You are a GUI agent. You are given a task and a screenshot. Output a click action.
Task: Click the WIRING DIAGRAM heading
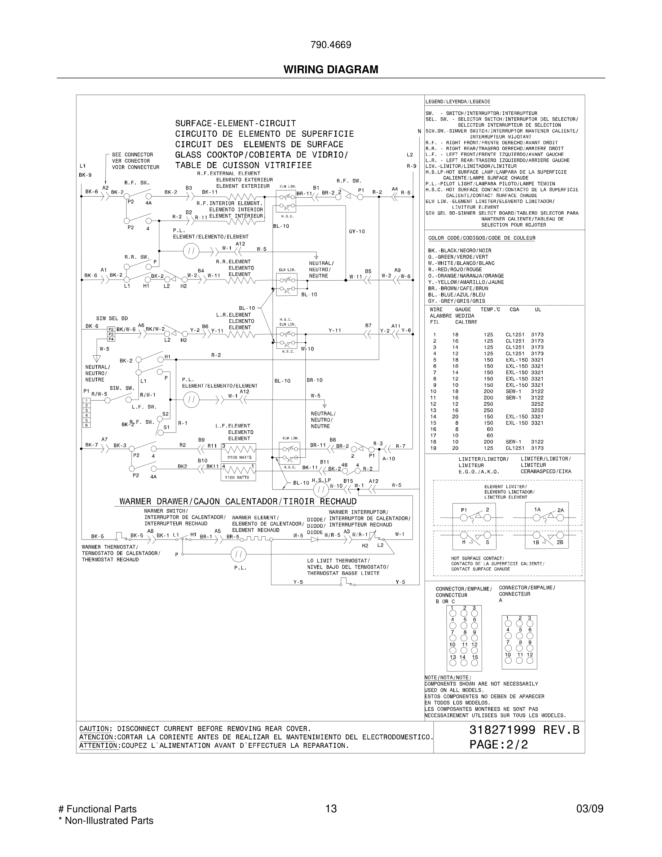coord(331,70)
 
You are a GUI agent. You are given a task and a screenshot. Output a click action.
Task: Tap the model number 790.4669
coord(331,45)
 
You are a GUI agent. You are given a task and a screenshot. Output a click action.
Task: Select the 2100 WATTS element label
coord(238,457)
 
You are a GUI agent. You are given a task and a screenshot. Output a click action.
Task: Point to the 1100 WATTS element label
coord(237,477)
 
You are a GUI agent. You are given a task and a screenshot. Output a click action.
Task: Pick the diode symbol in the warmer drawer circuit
coord(314,540)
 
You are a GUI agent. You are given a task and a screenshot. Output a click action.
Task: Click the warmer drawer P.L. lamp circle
coord(238,554)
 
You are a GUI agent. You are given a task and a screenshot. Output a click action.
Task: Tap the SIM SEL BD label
coord(112,318)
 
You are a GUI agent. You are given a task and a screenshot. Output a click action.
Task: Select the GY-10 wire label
coord(357,232)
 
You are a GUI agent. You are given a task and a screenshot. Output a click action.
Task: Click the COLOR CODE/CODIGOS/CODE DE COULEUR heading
coord(482,238)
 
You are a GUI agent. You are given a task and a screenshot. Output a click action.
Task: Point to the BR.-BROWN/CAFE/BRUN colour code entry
coord(458,289)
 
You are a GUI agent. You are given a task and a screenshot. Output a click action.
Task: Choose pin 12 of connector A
coord(530,660)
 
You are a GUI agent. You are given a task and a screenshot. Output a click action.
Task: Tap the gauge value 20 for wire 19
coord(455,448)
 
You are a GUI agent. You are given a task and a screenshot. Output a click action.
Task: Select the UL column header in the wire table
coord(538,309)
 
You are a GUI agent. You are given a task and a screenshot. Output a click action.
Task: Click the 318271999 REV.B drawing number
coord(524,730)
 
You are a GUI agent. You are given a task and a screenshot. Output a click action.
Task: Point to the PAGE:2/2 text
coord(498,744)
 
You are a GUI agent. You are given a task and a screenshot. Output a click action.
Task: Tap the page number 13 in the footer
coord(331,808)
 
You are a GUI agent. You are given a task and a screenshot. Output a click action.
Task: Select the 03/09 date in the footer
coord(590,808)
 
